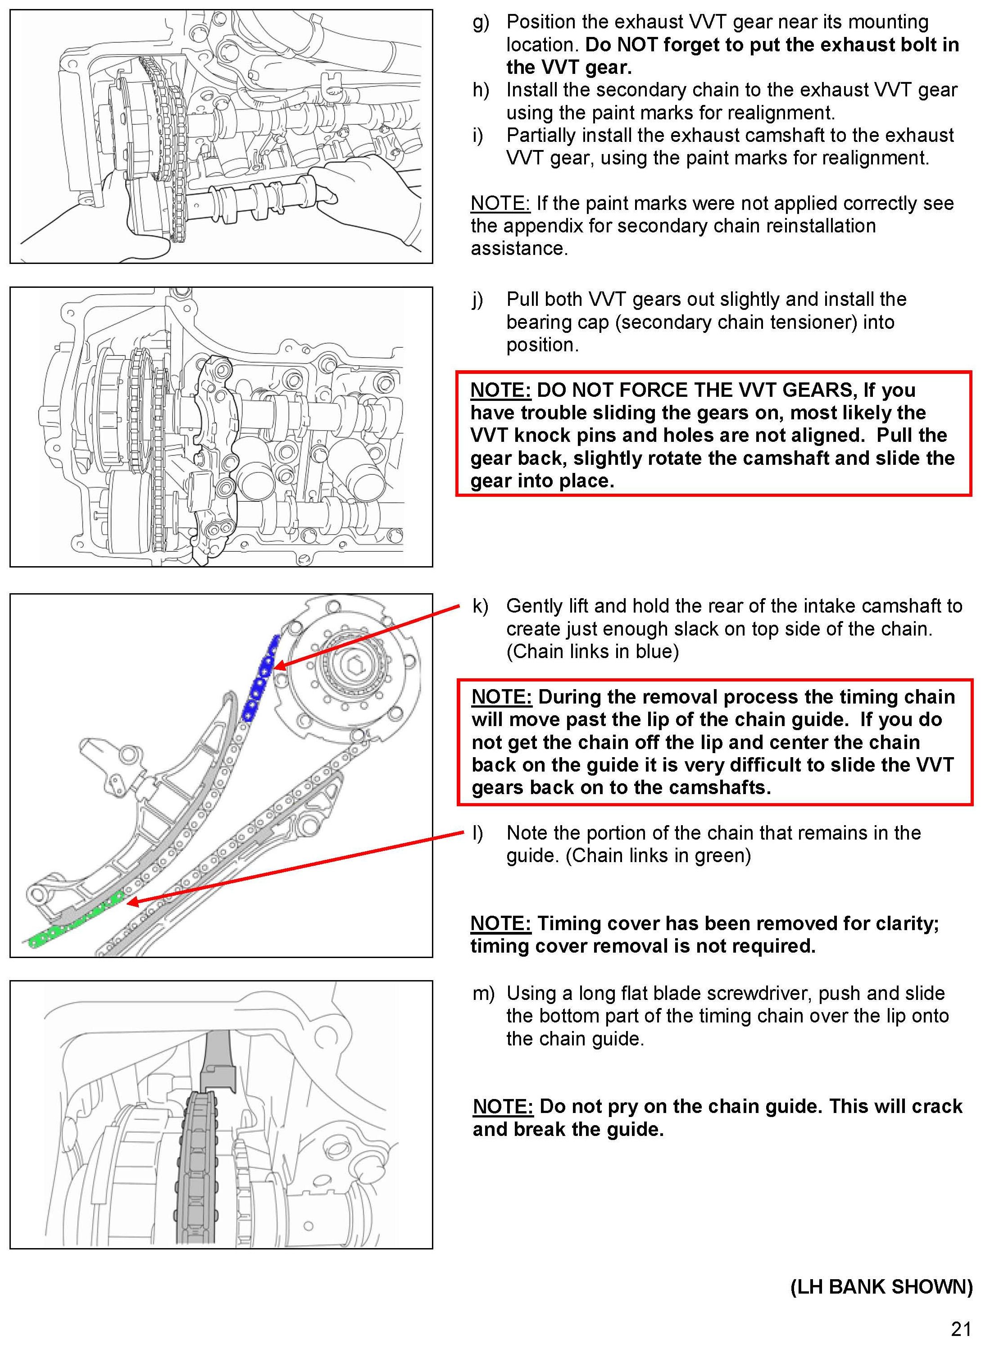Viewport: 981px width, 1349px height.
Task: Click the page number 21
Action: (960, 1328)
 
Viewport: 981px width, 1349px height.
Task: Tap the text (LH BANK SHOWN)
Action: (881, 1286)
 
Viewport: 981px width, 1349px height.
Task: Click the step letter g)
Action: (481, 23)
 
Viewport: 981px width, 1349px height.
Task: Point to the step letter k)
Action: (480, 606)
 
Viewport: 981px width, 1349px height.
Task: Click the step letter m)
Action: (483, 993)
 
